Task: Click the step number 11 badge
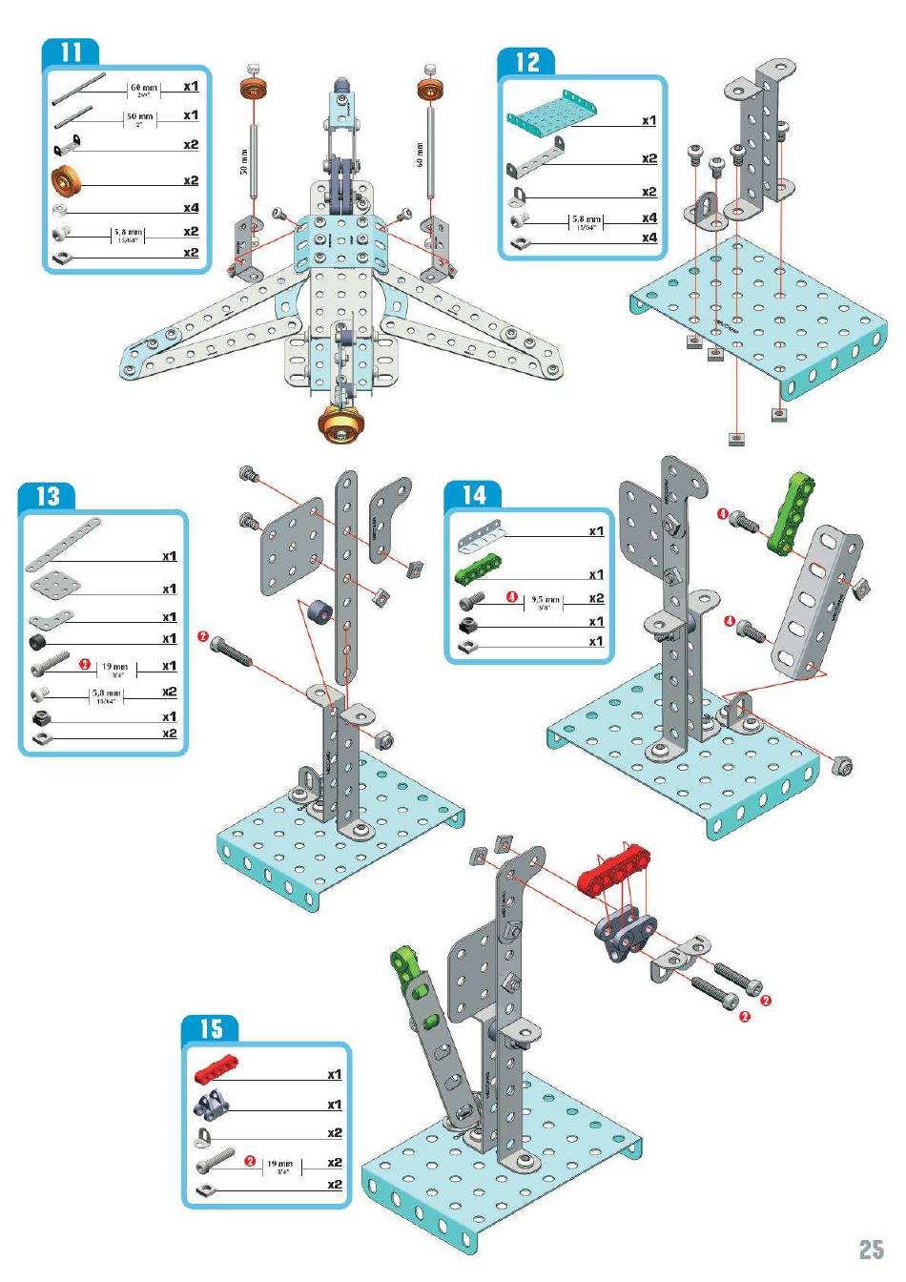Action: point(72,52)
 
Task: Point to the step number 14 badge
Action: point(474,494)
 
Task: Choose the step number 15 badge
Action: point(210,1028)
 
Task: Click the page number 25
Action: point(870,1250)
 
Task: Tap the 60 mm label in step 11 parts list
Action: point(144,88)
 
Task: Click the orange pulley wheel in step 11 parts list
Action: point(70,181)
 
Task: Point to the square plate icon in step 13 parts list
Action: point(55,584)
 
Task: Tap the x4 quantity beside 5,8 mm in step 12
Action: point(649,218)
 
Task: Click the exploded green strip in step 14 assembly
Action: point(792,514)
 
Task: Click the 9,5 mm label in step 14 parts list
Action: point(546,600)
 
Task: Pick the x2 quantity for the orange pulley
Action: point(191,180)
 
